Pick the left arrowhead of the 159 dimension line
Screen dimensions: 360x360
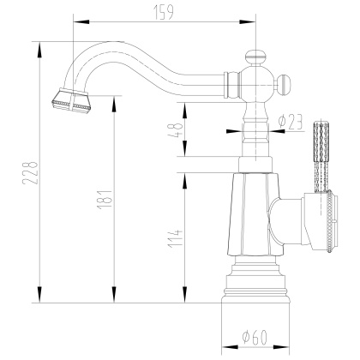[x=73, y=18]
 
